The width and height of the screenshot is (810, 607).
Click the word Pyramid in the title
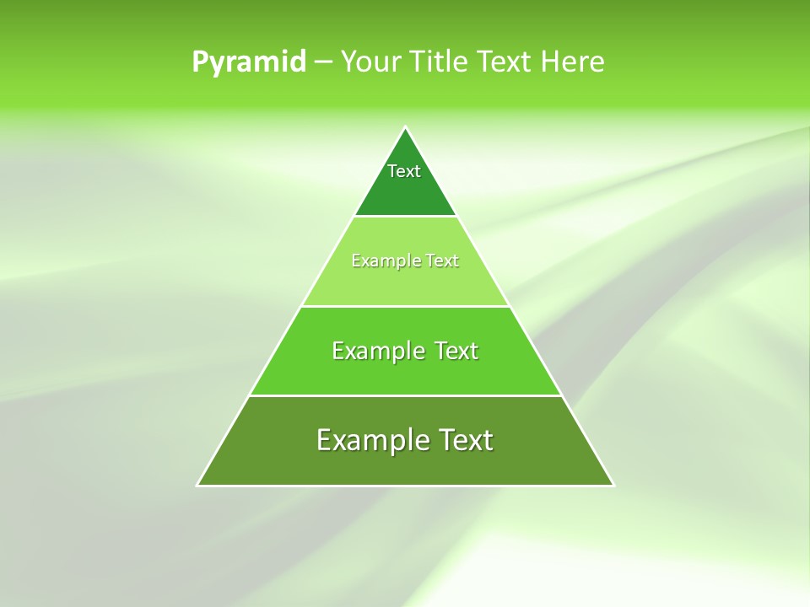coord(249,62)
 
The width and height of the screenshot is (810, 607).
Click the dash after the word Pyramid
coord(323,62)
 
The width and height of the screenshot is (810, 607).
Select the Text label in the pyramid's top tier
coord(404,171)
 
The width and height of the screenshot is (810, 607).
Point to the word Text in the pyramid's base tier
coord(462,440)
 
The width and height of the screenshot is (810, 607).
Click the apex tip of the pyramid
coord(406,128)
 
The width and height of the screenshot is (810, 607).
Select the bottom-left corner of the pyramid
coord(198,485)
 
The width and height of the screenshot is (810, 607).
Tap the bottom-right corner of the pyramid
coord(613,485)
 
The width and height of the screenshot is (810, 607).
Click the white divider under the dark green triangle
coord(405,217)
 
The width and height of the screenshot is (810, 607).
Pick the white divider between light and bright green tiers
coord(405,306)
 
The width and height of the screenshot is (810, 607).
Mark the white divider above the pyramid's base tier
coord(405,395)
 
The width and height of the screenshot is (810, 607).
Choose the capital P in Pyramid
coord(200,62)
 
